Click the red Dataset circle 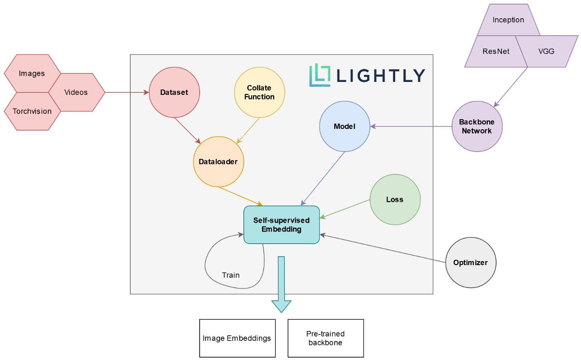click(174, 92)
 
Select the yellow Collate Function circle click(259, 92)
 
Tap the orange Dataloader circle click(218, 162)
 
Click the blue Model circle click(344, 126)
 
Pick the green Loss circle click(395, 199)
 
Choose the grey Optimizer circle click(471, 263)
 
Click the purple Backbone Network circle click(477, 126)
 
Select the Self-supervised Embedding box click(282, 225)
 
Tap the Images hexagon click(32, 73)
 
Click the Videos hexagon click(76, 92)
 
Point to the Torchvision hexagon click(32, 111)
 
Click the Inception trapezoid click(508, 20)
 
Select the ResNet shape click(495, 51)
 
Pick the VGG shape click(547, 51)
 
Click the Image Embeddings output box click(237, 338)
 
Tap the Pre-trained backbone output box click(325, 338)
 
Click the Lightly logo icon click(319, 75)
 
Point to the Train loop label click(230, 275)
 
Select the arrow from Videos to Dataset click(127, 92)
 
